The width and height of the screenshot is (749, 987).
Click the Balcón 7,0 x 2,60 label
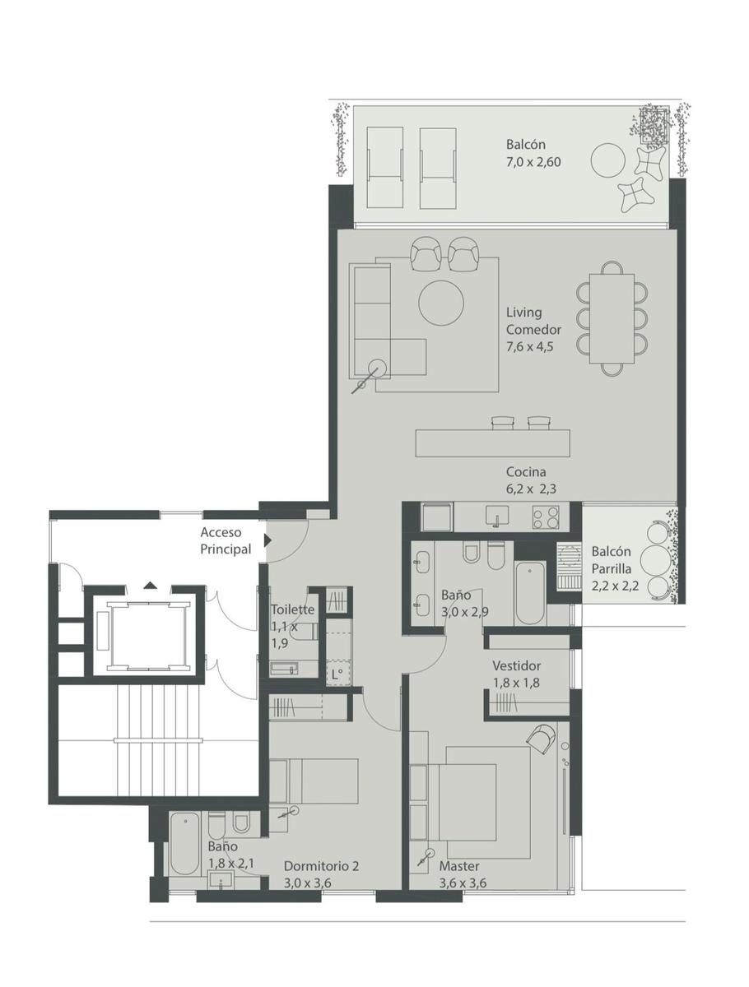pos(533,153)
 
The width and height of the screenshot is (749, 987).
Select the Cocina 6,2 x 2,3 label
pos(531,480)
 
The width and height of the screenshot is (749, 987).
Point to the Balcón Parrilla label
pos(611,560)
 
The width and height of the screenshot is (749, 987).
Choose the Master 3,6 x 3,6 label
pos(463,874)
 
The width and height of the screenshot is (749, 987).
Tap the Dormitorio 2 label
pos(321,865)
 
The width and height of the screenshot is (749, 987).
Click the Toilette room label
pos(292,609)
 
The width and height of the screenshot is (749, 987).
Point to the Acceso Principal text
pos(226,540)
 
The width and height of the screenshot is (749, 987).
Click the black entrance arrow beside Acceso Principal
pos(267,540)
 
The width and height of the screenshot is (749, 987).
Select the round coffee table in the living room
pos(441,304)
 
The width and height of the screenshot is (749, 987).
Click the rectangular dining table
pos(612,318)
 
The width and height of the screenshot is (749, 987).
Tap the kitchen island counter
pos(492,443)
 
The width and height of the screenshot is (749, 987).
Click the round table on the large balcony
pos(607,160)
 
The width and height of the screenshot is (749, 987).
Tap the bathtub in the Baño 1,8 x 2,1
pos(186,843)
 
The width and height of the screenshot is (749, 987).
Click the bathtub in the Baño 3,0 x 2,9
pos(530,593)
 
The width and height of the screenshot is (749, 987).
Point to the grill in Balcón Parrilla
pos(569,566)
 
